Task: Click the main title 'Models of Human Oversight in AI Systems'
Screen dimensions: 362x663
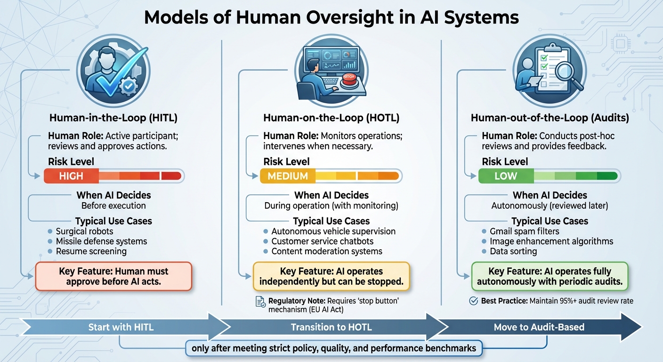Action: [x=331, y=17]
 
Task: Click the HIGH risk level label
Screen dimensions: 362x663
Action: [x=71, y=176]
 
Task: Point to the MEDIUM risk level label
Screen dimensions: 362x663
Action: [x=288, y=176]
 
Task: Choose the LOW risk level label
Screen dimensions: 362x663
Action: [x=506, y=176]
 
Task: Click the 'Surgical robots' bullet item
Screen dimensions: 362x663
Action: [x=84, y=231]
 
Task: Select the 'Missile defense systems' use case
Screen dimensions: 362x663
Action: [x=101, y=241]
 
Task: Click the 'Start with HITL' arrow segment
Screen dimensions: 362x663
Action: [x=121, y=327]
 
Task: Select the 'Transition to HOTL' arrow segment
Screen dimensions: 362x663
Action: [x=331, y=327]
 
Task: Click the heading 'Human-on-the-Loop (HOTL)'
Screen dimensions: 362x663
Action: [x=331, y=118]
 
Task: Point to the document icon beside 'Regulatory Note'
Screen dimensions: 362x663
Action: [x=260, y=302]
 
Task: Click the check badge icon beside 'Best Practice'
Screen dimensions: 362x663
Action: [x=474, y=301]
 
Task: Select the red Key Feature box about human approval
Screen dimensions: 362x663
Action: [x=113, y=277]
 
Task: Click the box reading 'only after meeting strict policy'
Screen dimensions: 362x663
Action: [x=334, y=349]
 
